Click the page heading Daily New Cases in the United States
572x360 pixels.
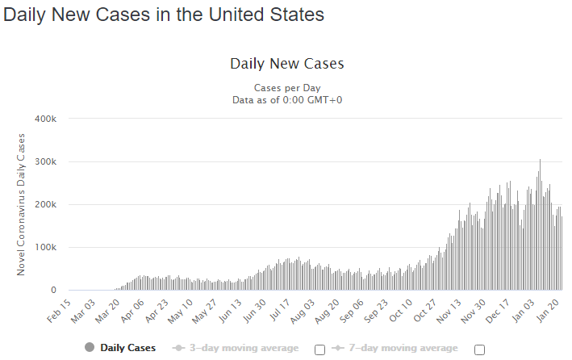pyautogui.click(x=164, y=15)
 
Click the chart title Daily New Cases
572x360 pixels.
pyautogui.click(x=286, y=63)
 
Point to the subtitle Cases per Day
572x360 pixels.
pyautogui.click(x=286, y=87)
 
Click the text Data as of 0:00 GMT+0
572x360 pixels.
pyautogui.click(x=286, y=99)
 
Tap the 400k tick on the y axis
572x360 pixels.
pyautogui.click(x=44, y=119)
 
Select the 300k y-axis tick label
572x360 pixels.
pyautogui.click(x=44, y=161)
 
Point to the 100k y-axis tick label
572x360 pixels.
pyautogui.click(x=44, y=247)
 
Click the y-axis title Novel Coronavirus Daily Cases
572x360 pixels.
pyautogui.click(x=22, y=204)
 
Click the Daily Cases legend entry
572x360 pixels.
pyautogui.click(x=122, y=349)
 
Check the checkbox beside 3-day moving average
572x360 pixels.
pyautogui.click(x=319, y=350)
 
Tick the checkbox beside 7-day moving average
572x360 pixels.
pyautogui.click(x=480, y=350)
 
